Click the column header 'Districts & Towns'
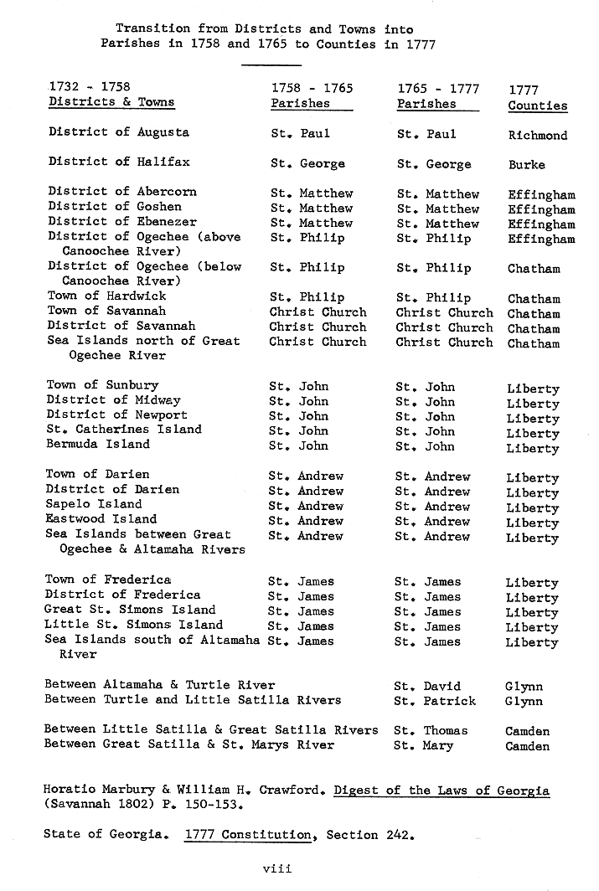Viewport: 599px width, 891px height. (x=111, y=102)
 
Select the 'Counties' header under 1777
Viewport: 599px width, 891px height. (x=537, y=106)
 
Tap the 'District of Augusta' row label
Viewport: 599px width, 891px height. (x=118, y=132)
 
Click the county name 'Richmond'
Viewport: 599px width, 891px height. (x=537, y=135)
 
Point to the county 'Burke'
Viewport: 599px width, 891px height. (x=526, y=165)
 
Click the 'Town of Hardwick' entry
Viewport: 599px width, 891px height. (x=106, y=296)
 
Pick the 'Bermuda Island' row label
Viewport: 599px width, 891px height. (x=98, y=444)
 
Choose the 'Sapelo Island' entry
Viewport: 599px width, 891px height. (x=94, y=504)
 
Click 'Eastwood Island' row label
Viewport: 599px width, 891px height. (x=101, y=519)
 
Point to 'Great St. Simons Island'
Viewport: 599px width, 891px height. (x=130, y=610)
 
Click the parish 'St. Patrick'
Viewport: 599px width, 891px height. (x=436, y=701)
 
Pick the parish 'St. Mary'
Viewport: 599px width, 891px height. (x=425, y=745)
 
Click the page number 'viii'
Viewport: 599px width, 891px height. (x=276, y=869)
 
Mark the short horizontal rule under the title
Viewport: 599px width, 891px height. (x=276, y=64)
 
